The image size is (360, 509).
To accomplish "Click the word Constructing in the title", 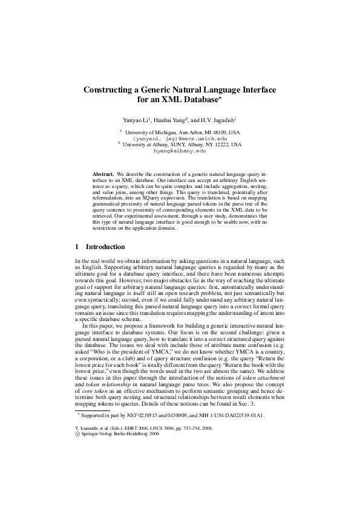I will coord(109,89).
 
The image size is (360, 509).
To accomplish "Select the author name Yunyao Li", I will coord(136,120).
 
